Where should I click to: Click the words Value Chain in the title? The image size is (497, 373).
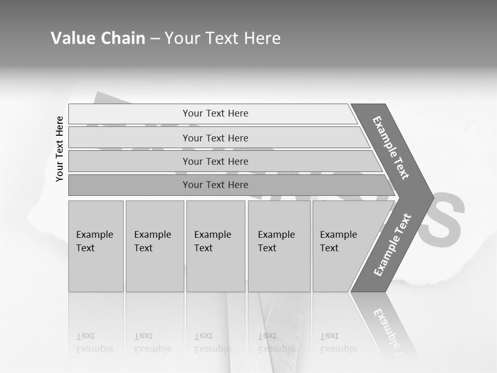98,38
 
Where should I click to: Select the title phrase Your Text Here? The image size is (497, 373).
223,38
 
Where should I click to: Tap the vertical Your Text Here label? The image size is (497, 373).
60,149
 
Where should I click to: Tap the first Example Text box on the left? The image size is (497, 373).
96,246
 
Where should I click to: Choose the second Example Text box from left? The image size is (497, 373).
154,246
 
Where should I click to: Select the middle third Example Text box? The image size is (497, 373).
215,246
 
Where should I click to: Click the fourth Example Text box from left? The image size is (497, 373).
279,246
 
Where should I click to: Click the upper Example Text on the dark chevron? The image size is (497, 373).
391,148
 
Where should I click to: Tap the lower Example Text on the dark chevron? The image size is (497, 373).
392,245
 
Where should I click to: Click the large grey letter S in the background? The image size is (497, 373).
440,220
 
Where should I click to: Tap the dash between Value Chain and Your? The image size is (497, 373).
155,39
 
